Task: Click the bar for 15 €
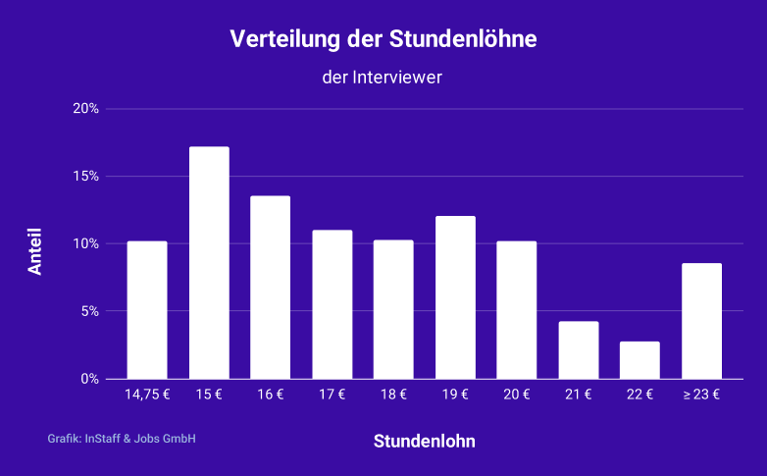209,263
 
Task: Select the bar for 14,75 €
147,310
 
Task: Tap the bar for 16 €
270,288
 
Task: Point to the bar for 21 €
579,350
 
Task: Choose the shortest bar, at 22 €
639,360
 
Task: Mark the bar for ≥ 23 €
701,321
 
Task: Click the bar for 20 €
517,310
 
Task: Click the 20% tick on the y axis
86,109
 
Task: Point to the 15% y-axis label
86,177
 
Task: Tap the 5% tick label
89,311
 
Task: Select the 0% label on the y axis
89,379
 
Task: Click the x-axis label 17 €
332,396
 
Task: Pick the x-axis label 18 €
393,396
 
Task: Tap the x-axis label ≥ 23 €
701,396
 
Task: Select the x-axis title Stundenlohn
424,442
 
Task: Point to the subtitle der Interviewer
383,77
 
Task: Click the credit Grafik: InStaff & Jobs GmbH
122,439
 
